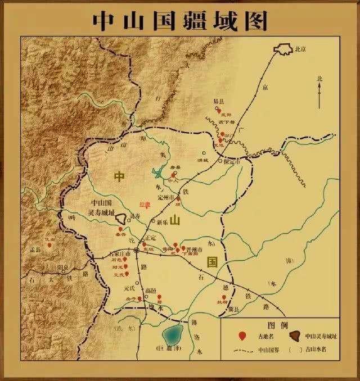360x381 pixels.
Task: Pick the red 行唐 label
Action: tap(145, 205)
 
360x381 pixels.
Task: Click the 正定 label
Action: tap(150, 238)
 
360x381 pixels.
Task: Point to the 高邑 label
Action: tap(151, 291)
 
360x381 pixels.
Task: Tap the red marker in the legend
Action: tap(242, 337)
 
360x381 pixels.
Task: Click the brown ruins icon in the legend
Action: tap(294, 336)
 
